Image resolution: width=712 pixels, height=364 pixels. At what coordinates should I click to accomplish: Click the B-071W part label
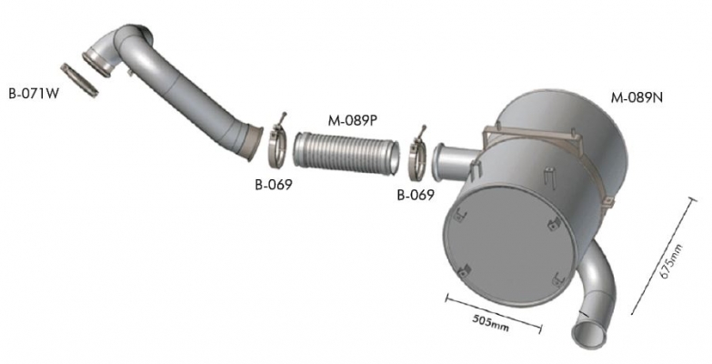pos(34,94)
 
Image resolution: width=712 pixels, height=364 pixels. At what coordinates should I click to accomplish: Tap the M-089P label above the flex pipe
pos(353,121)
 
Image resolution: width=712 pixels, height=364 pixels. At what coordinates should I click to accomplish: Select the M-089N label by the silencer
pos(637,97)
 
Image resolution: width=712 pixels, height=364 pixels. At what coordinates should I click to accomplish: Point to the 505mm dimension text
pos(491,321)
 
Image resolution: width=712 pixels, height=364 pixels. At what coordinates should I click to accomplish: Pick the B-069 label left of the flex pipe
pos(274,185)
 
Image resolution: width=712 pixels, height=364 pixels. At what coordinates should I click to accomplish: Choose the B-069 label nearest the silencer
pos(416,196)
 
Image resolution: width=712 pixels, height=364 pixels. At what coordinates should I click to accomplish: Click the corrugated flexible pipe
pos(346,152)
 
